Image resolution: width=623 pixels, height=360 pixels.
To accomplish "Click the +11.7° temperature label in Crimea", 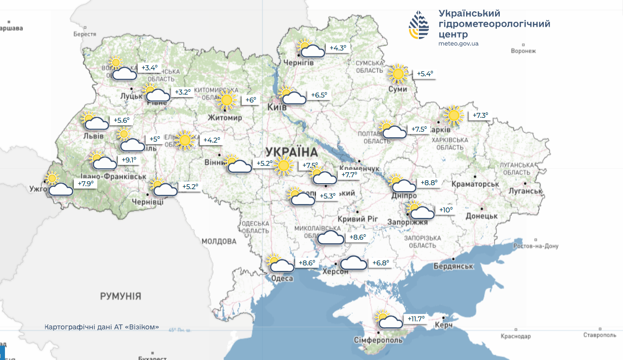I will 416,319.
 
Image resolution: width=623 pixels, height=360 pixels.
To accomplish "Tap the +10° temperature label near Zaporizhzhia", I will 446,210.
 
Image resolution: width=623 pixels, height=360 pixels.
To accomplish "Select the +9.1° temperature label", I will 128,160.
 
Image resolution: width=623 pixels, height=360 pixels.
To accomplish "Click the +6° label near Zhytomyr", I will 251,100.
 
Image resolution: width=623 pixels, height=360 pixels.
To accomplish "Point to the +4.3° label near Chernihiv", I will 339,48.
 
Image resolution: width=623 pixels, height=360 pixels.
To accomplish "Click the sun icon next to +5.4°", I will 398,74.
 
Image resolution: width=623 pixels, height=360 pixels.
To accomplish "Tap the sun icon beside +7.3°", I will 453,116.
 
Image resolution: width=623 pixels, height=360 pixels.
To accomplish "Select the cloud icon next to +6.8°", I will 354,262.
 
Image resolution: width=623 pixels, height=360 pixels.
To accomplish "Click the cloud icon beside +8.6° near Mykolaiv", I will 330,238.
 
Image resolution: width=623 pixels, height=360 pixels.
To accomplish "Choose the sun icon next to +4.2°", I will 185,141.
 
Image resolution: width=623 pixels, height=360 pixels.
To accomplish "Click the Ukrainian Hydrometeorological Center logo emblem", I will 418,25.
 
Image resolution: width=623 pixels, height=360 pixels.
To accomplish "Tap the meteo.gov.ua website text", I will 458,44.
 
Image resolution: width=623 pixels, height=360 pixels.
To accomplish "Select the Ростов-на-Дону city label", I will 536,246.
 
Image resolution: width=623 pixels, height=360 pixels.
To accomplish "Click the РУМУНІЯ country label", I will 120,296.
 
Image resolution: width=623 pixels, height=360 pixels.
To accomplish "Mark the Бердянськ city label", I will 453,266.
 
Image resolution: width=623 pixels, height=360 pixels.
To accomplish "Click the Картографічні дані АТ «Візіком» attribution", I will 102,327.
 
